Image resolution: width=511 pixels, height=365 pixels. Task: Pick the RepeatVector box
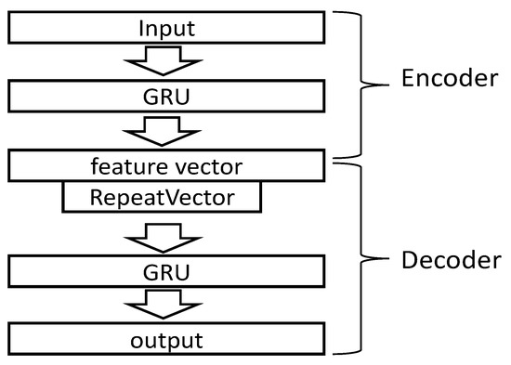click(x=162, y=197)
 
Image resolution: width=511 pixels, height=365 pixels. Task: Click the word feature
click(x=124, y=167)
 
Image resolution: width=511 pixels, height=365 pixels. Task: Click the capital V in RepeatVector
click(x=176, y=197)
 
